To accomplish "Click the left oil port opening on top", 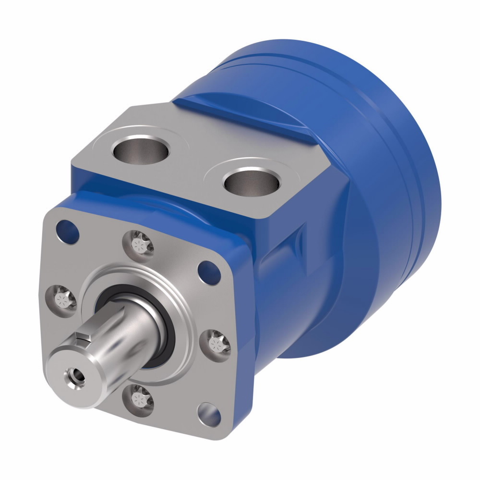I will coord(140,151).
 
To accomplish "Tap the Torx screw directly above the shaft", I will coord(142,245).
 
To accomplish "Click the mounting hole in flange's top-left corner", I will coord(68,230).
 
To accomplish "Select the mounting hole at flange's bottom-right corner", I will coord(210,414).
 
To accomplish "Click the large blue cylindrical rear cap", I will coord(374,192).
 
